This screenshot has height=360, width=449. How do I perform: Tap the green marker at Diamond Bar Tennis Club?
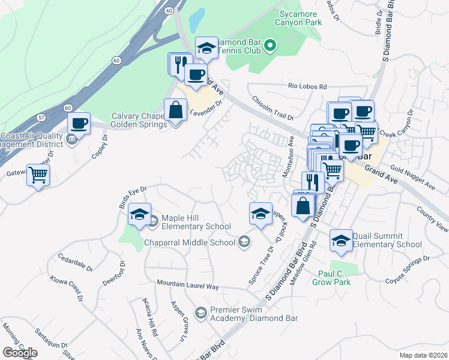pyautogui.click(x=270, y=44)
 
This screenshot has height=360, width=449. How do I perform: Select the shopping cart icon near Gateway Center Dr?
pyautogui.click(x=38, y=175)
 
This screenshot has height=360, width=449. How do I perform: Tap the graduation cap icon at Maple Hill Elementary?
pyautogui.click(x=139, y=214)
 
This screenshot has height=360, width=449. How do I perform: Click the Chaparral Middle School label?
pyautogui.click(x=191, y=242)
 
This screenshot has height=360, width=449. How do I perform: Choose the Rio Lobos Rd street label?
pyautogui.click(x=307, y=86)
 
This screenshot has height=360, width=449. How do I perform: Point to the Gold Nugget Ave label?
pyautogui.click(x=412, y=178)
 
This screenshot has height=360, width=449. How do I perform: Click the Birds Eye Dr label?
pyautogui.click(x=133, y=197)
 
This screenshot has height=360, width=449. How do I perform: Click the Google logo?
pyautogui.click(x=20, y=353)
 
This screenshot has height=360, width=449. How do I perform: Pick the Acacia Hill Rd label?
pyautogui.click(x=150, y=316)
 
